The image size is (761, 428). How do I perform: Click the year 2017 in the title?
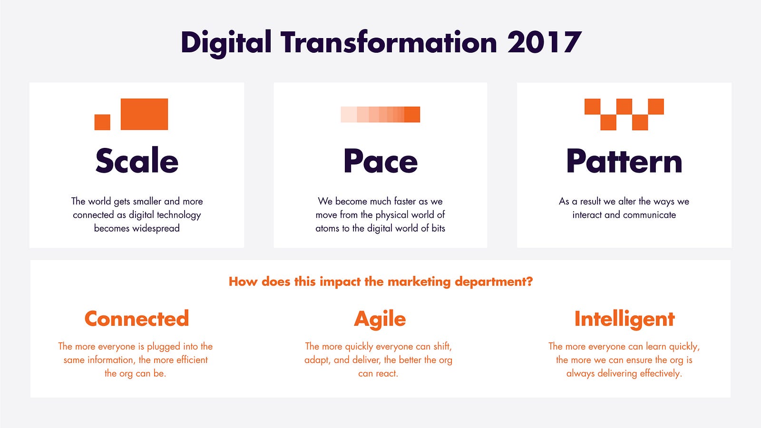[545, 42]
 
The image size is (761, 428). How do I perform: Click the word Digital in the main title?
[226, 43]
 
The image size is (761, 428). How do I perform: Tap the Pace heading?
[380, 161]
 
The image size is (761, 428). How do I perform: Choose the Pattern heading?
[624, 161]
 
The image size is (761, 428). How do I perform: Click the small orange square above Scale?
[102, 122]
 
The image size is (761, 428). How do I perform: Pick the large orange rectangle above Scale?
[145, 114]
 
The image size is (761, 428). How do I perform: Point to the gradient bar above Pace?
[380, 114]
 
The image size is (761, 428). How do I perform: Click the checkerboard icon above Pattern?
[624, 115]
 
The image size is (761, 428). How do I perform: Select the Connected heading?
[137, 319]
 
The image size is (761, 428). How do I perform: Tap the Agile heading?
[380, 320]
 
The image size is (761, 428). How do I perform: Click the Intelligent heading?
[624, 320]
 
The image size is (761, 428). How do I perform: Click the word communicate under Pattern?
[649, 214]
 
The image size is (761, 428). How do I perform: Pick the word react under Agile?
[387, 374]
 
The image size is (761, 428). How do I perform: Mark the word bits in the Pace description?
[438, 228]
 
